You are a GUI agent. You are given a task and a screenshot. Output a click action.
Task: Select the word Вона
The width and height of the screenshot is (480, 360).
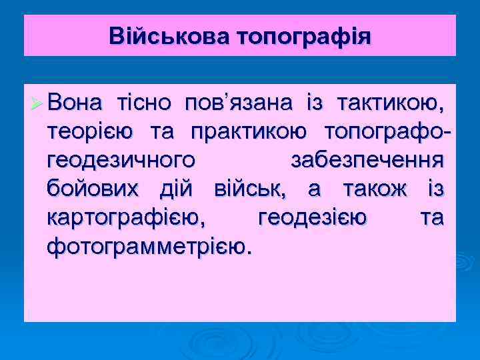(x=74, y=103)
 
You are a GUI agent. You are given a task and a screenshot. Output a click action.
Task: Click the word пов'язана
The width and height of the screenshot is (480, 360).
(x=229, y=103)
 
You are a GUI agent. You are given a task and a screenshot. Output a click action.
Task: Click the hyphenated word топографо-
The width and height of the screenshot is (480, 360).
(x=387, y=132)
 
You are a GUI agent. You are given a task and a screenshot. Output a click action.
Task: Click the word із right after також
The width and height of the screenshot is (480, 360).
(x=434, y=189)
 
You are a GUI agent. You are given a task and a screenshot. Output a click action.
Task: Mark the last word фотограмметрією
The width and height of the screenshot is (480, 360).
(x=150, y=247)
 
